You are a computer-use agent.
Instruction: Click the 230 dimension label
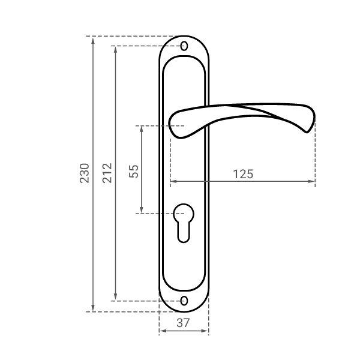click(84, 173)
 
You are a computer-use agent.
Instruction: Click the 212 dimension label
click(107, 173)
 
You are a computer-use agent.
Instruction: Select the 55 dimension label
click(134, 171)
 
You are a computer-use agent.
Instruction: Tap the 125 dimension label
click(243, 174)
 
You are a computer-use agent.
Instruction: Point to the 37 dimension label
click(183, 323)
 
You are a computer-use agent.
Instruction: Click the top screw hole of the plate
click(184, 46)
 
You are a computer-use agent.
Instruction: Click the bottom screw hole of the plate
click(184, 301)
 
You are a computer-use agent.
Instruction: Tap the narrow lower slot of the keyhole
click(184, 232)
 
